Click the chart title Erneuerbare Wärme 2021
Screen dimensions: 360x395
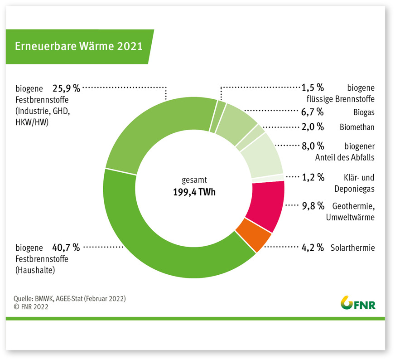point(79,46)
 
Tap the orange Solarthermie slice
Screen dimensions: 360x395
point(257,234)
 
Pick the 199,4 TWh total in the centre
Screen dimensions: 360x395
point(194,191)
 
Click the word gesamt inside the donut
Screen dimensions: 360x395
point(194,180)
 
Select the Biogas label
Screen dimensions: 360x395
point(363,112)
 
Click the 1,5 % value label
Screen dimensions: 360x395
point(313,87)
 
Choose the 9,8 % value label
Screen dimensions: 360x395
point(313,206)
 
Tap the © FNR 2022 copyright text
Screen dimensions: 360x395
point(31,306)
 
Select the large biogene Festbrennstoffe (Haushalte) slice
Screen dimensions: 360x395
point(149,245)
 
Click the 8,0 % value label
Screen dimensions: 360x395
point(313,146)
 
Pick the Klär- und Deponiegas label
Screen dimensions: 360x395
point(358,182)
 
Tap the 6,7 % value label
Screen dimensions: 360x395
point(313,112)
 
